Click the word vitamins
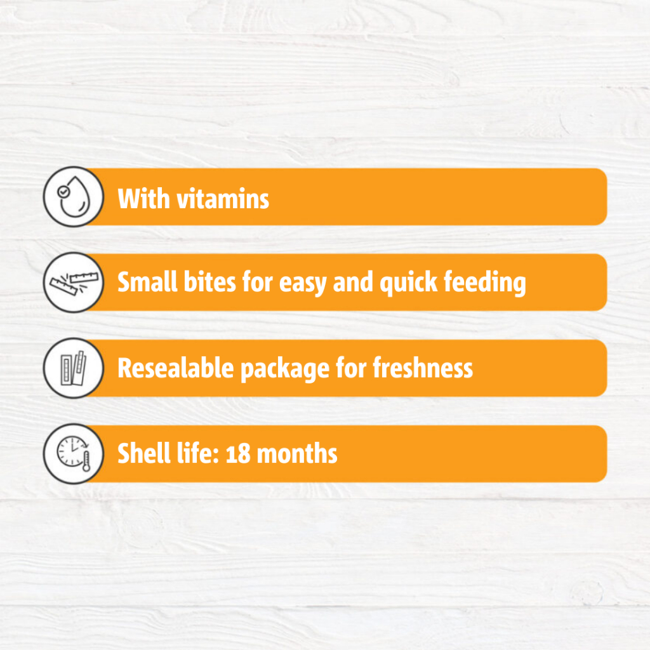point(223,199)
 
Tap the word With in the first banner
point(144,199)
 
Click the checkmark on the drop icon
point(63,192)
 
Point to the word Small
point(147,282)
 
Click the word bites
point(209,282)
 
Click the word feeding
point(485,284)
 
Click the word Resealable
point(176,368)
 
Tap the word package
point(285,369)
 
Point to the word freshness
point(423,368)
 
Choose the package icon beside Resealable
point(74,368)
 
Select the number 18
point(238,454)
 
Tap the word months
point(297,454)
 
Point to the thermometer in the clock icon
point(86,461)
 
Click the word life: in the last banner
point(198,453)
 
